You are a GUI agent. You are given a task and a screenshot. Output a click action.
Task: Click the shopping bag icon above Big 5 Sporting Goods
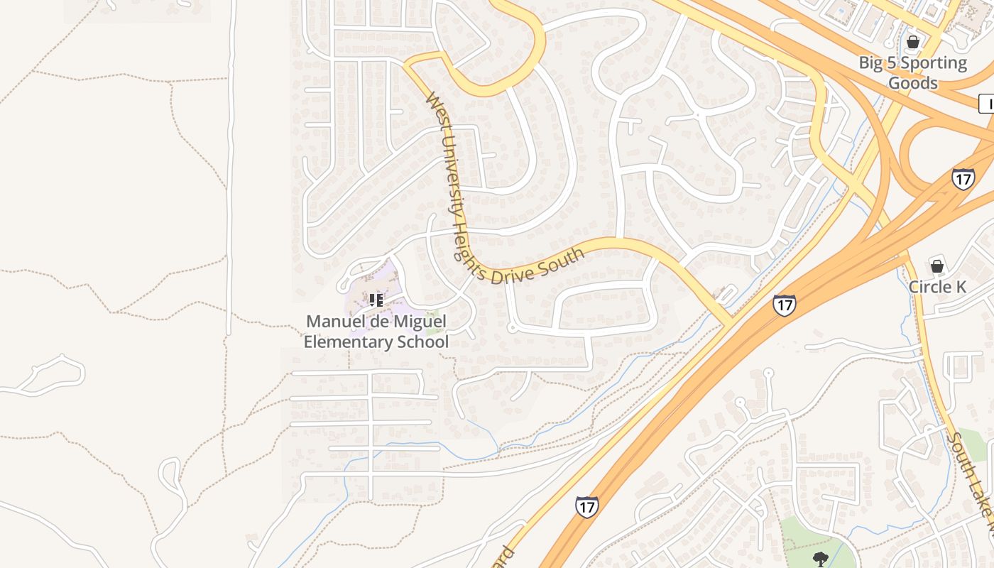(x=913, y=43)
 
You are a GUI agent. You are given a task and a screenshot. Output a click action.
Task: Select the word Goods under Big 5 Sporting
(x=913, y=83)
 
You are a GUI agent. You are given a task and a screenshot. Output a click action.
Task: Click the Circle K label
(x=937, y=287)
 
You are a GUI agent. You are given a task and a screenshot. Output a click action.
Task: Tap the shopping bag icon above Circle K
(x=937, y=266)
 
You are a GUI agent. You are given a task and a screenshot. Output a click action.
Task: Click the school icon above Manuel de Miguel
(x=376, y=300)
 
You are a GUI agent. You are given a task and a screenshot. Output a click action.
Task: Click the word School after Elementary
(x=425, y=342)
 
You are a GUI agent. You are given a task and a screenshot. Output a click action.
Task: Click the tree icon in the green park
(x=821, y=558)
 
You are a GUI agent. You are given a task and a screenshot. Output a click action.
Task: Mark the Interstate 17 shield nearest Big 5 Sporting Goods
(x=963, y=178)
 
